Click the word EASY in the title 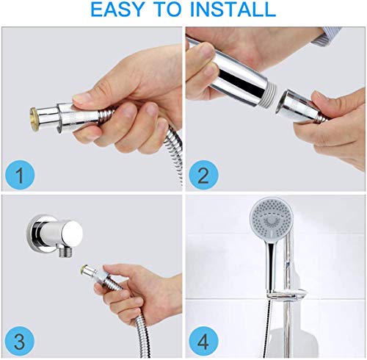(121, 10)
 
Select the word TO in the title (171, 10)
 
